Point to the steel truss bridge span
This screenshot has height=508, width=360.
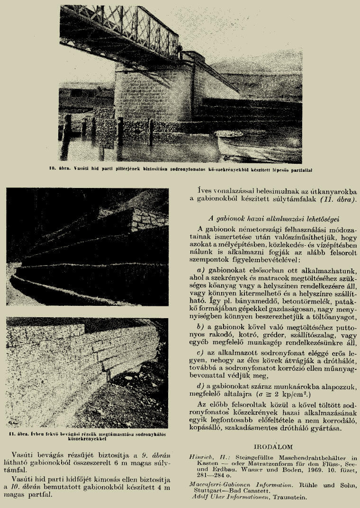click(x=118, y=28)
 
